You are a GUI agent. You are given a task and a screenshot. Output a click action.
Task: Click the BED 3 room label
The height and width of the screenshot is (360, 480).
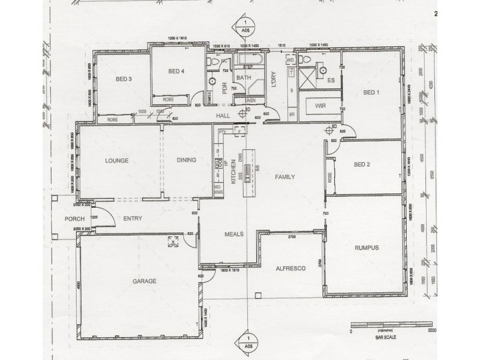(123, 79)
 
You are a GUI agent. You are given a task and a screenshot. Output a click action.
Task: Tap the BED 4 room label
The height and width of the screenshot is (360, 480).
(176, 72)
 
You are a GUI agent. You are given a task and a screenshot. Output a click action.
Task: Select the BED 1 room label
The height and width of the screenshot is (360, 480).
(371, 92)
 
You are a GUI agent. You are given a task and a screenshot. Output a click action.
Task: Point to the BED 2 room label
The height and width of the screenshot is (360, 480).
(362, 164)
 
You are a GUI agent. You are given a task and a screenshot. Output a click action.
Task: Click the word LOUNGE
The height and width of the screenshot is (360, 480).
(118, 160)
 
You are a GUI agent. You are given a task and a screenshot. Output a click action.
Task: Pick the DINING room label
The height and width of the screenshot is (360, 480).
(187, 160)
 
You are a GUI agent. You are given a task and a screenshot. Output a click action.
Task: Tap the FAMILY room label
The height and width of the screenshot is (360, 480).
(285, 178)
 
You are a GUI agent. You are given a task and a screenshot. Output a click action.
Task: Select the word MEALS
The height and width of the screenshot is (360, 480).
(234, 235)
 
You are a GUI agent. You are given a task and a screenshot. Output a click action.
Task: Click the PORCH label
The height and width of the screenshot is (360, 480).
(75, 219)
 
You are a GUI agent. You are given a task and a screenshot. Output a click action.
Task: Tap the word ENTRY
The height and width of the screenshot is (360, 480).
(133, 219)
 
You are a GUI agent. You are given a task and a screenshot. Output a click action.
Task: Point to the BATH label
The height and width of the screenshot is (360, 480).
(243, 78)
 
